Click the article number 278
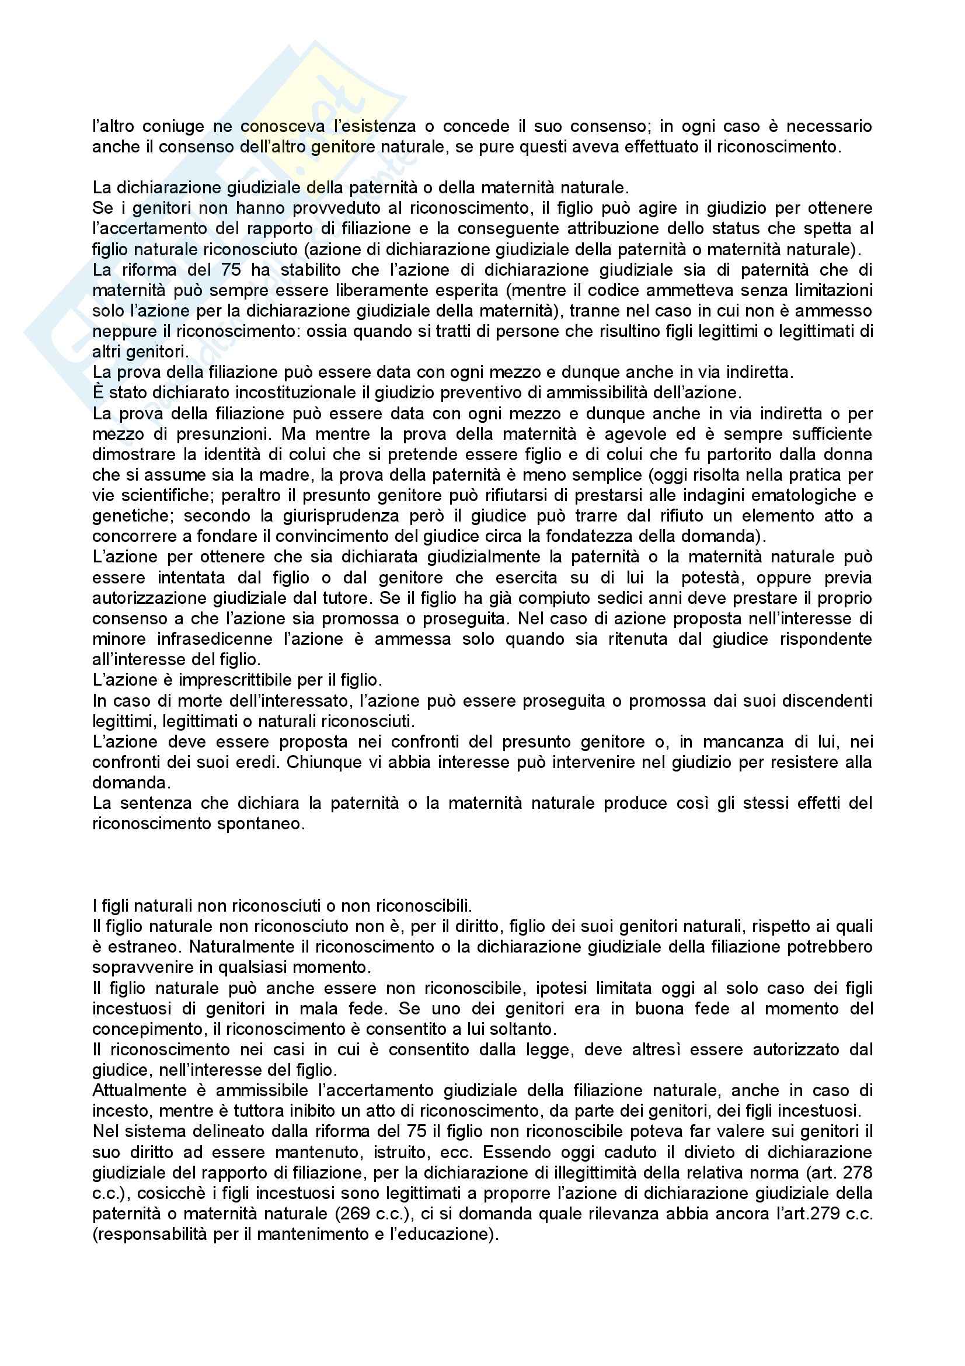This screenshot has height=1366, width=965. (858, 1173)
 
